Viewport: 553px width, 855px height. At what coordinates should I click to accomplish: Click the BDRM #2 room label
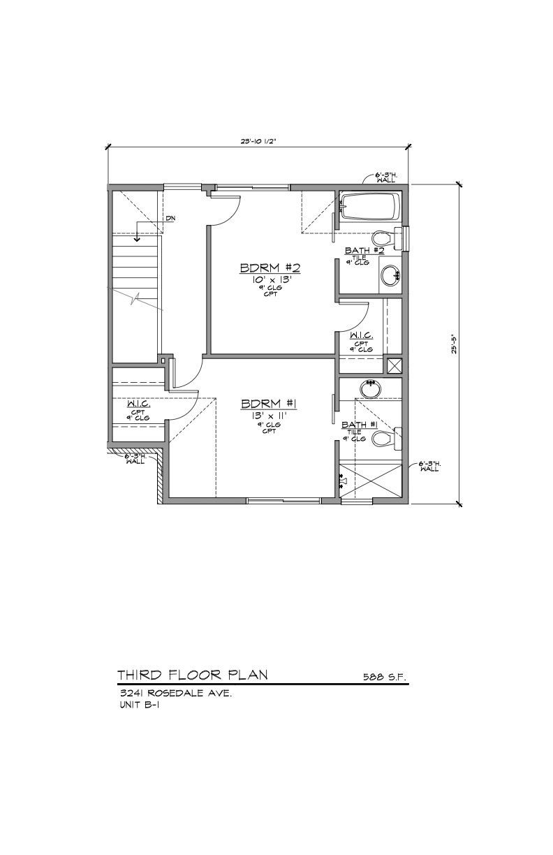270,268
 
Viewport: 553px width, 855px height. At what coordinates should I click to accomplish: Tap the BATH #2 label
364,250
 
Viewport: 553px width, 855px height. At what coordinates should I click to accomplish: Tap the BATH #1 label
360,424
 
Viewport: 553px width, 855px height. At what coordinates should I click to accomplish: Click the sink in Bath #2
390,275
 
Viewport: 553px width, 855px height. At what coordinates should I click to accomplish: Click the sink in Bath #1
369,388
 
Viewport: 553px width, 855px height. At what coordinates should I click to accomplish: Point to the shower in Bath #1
371,481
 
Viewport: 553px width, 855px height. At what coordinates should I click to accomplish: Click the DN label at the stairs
170,219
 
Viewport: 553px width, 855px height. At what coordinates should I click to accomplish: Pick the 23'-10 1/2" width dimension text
259,141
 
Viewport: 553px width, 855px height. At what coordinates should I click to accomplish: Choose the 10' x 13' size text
270,279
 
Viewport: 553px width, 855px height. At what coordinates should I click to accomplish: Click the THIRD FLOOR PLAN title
191,675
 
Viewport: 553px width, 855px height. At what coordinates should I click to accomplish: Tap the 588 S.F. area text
385,677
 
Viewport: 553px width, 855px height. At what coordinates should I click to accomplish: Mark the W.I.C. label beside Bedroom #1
138,404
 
